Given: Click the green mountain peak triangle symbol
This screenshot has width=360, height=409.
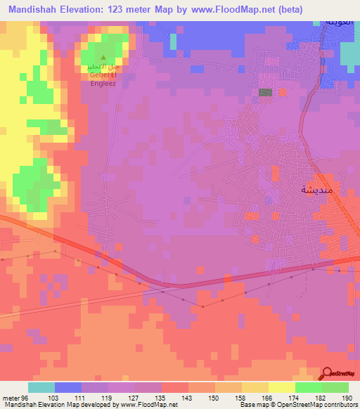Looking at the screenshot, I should click(104, 58).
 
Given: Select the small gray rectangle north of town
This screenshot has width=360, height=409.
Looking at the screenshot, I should click(266, 92).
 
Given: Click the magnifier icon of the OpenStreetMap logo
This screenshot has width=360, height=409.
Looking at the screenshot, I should click(328, 374).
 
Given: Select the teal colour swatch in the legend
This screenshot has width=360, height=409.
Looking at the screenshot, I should click(41, 387).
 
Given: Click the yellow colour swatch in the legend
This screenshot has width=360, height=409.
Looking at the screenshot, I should click(282, 387).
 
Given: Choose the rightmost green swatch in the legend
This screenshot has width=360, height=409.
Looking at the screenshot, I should click(335, 387).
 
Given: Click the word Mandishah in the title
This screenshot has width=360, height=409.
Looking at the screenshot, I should click(38, 9).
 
